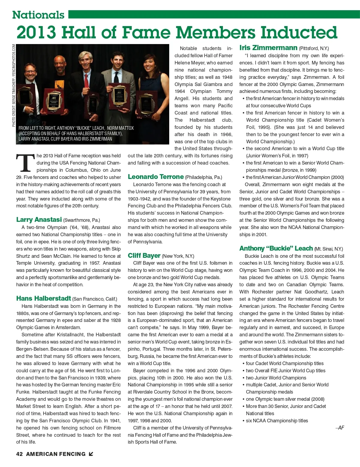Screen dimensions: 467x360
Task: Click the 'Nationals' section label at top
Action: point(38,15)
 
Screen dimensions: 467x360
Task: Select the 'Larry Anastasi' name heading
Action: point(39,220)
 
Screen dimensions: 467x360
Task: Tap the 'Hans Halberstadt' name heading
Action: point(43,299)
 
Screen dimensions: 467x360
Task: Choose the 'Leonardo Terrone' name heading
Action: point(155,177)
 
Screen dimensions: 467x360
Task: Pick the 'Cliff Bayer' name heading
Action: point(144,256)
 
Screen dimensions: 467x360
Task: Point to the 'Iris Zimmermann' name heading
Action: point(268,48)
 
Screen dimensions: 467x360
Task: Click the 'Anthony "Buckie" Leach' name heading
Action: point(276,248)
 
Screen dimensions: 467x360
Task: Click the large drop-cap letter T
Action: point(25,163)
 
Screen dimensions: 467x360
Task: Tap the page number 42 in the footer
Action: point(19,454)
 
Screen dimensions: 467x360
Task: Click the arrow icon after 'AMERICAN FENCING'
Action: point(91,454)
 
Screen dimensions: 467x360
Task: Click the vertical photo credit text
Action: point(14,85)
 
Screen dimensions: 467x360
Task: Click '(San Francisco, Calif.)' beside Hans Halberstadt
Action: point(95,299)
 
